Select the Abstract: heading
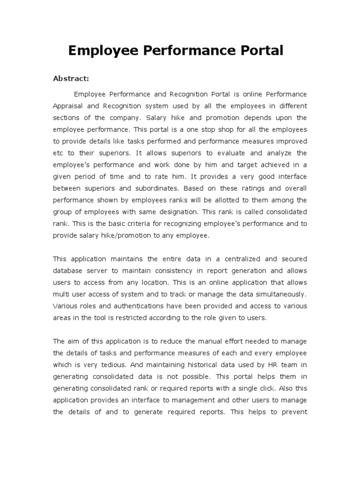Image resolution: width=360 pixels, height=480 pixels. [71, 78]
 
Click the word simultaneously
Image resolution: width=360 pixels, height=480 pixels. [281, 294]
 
